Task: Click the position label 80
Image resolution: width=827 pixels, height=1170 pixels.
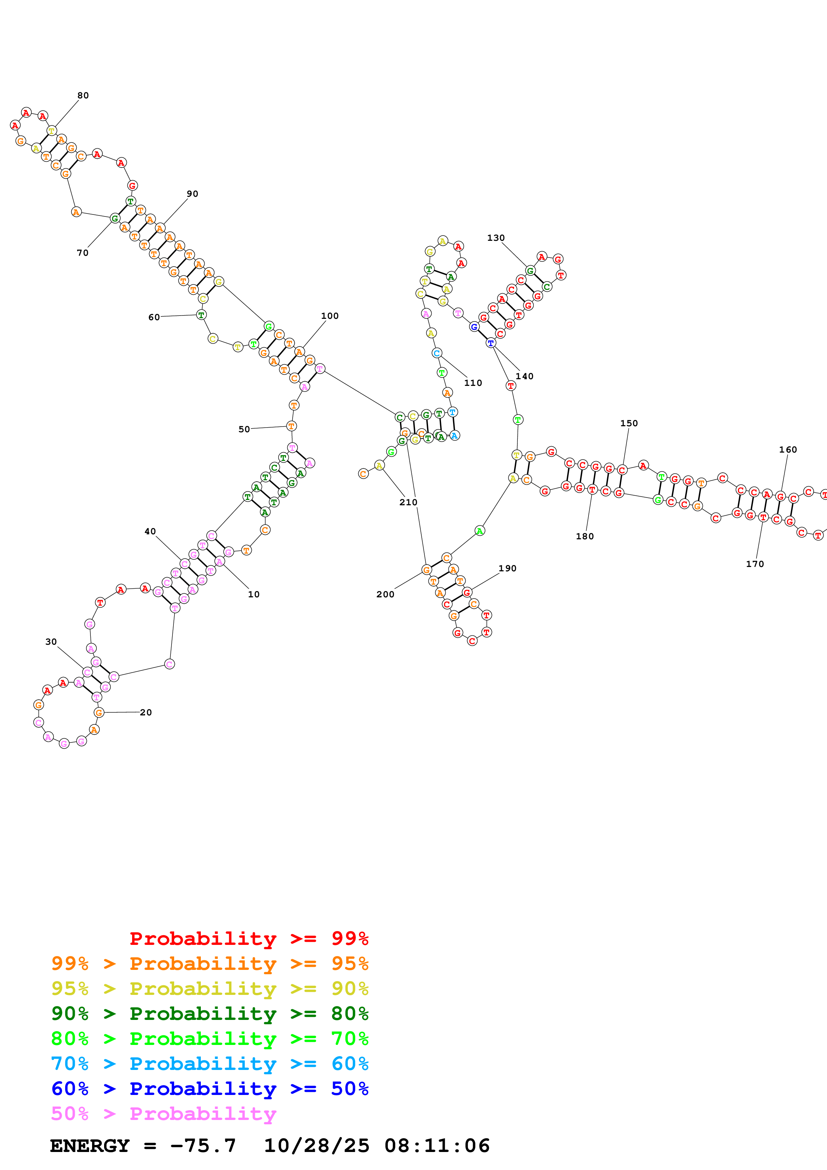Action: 83,95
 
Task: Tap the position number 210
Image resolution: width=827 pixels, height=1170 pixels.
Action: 408,502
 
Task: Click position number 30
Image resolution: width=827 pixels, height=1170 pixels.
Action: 51,642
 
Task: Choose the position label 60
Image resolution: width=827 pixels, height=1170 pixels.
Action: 154,317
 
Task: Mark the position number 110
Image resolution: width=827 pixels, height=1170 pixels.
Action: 473,383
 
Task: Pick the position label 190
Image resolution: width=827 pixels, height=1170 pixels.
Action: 507,568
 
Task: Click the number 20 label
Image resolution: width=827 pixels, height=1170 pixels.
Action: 146,712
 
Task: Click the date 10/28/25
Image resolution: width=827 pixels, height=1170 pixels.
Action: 317,1146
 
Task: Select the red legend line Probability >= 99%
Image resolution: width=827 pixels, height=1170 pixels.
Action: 249,938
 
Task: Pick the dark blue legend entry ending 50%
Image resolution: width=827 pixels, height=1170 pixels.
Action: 210,1089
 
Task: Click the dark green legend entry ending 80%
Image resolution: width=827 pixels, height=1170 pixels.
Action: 210,1014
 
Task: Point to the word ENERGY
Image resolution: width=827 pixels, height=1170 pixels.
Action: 90,1146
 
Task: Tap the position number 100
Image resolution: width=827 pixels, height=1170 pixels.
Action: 330,316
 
